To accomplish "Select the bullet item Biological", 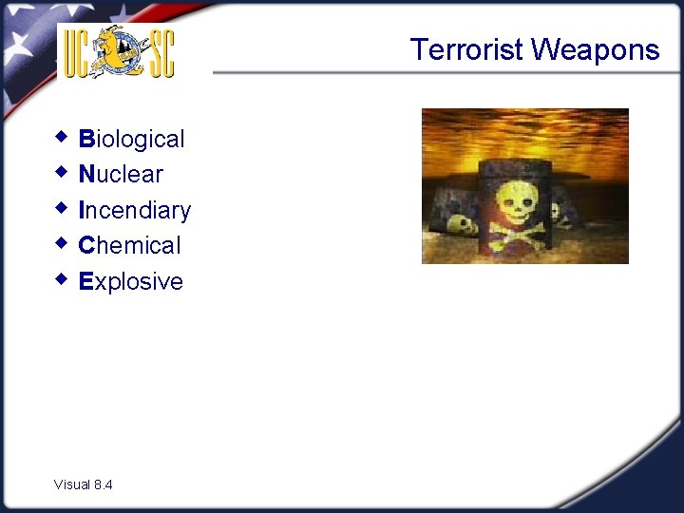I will [x=132, y=140].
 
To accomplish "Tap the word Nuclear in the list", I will [x=121, y=175].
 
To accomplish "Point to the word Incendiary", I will [x=135, y=210].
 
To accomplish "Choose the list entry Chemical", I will [x=129, y=246].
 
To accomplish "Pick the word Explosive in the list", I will [x=131, y=282].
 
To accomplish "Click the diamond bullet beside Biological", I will [x=62, y=138].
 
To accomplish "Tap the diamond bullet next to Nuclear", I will [x=62, y=173].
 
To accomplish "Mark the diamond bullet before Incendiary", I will [x=62, y=208].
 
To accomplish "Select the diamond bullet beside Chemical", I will [x=62, y=244].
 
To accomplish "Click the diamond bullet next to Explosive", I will [x=62, y=279].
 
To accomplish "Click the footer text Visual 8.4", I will [x=84, y=484].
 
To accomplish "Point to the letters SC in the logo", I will [x=159, y=53].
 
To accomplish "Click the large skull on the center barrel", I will [x=518, y=200].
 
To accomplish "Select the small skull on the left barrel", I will [x=462, y=225].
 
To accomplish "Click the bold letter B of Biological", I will [x=86, y=140].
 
